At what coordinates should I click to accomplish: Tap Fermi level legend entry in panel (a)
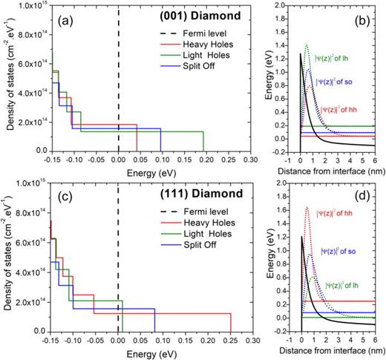194,33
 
